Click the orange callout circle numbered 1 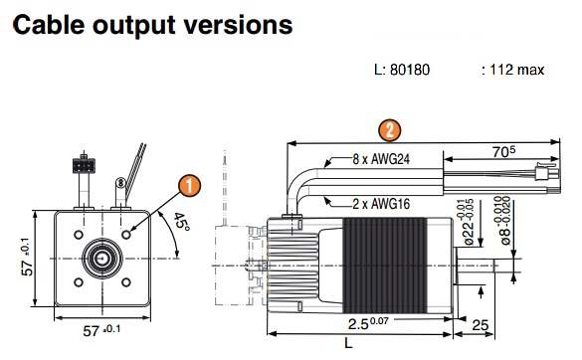(x=190, y=186)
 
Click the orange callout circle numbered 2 (x=389, y=130)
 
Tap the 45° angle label (x=181, y=221)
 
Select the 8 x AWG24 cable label (x=381, y=159)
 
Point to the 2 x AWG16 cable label (x=381, y=204)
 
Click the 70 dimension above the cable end (x=503, y=151)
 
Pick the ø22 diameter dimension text (x=468, y=223)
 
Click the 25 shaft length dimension (x=480, y=325)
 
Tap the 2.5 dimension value (x=368, y=323)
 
